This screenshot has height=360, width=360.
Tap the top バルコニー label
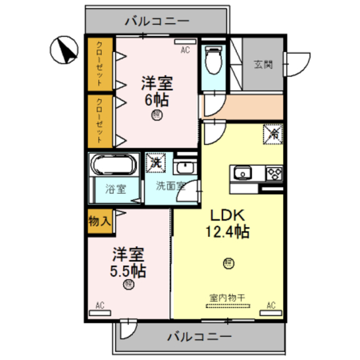[157, 22]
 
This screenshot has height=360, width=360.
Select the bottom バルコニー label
[200, 337]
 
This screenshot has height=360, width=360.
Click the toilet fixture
[214, 60]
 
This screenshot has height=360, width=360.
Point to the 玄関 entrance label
[263, 64]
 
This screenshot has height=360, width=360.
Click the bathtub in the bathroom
[114, 166]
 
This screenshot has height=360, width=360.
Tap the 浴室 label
[115, 190]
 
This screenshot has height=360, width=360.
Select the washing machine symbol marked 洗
[156, 164]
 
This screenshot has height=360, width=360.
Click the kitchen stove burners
[274, 173]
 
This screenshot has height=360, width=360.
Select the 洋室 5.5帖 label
[128, 262]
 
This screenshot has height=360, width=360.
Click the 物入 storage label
[100, 221]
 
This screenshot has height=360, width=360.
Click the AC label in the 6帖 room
[185, 50]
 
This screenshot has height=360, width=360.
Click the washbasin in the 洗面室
[184, 168]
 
